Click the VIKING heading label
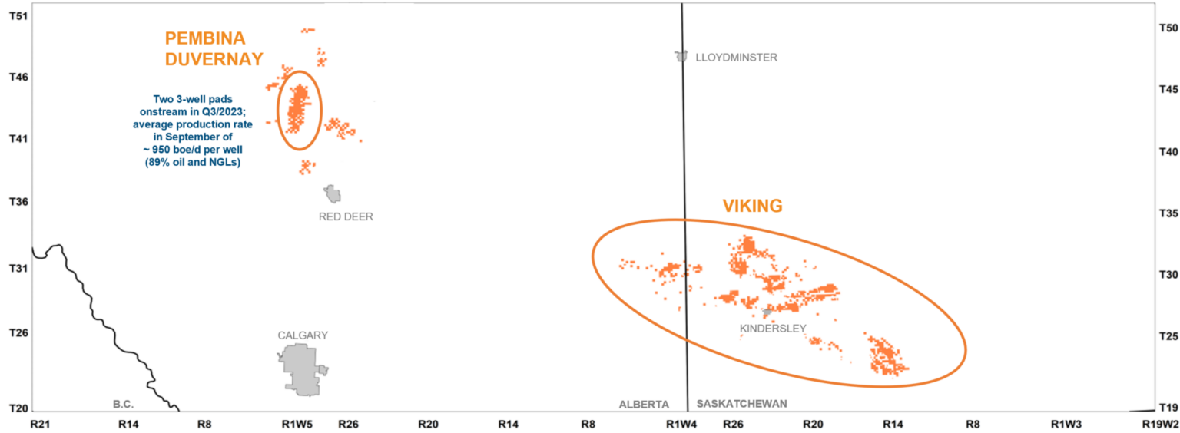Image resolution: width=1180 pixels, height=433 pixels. [752, 206]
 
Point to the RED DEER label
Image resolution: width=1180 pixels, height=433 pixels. [346, 216]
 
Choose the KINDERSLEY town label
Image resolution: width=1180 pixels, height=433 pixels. [773, 329]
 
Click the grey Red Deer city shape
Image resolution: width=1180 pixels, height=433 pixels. [333, 193]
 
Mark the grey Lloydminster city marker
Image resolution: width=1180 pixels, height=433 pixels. [681, 57]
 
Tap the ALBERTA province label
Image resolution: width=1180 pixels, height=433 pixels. [645, 404]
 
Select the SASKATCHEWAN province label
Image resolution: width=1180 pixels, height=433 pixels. [742, 404]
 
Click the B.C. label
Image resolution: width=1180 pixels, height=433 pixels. [124, 404]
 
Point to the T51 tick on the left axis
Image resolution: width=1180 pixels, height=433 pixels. [18, 15]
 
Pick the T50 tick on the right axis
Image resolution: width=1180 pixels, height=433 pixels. [1167, 28]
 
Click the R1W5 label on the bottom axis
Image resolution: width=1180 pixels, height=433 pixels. [297, 424]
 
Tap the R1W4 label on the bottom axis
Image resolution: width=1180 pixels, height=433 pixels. [681, 424]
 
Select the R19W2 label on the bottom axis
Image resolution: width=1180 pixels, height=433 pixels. [1160, 424]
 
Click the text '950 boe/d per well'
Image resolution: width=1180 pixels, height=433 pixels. [193, 151]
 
